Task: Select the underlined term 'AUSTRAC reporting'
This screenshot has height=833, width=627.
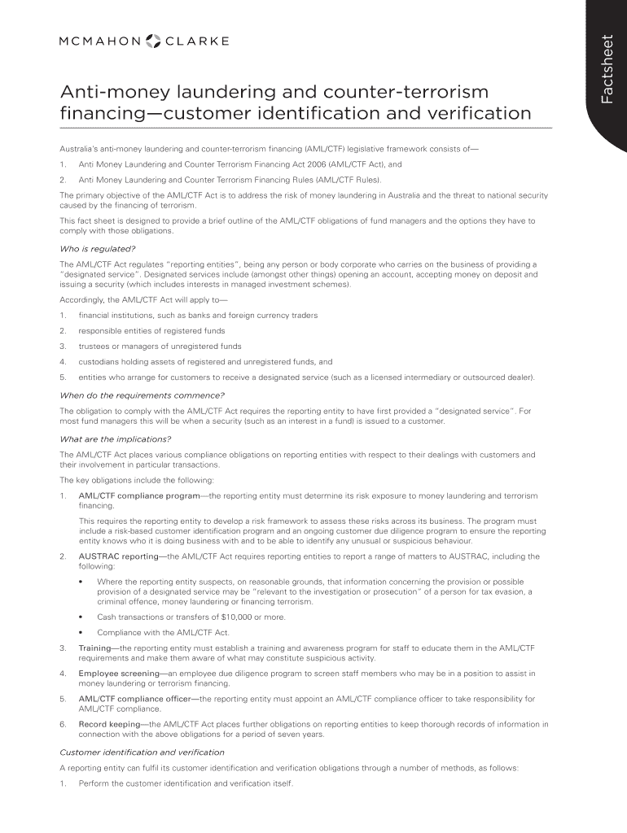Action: [x=118, y=557]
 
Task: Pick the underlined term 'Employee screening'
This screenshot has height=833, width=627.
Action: [x=119, y=674]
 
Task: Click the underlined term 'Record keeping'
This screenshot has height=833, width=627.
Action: [x=109, y=724]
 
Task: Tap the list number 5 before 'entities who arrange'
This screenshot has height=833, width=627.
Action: [x=63, y=377]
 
